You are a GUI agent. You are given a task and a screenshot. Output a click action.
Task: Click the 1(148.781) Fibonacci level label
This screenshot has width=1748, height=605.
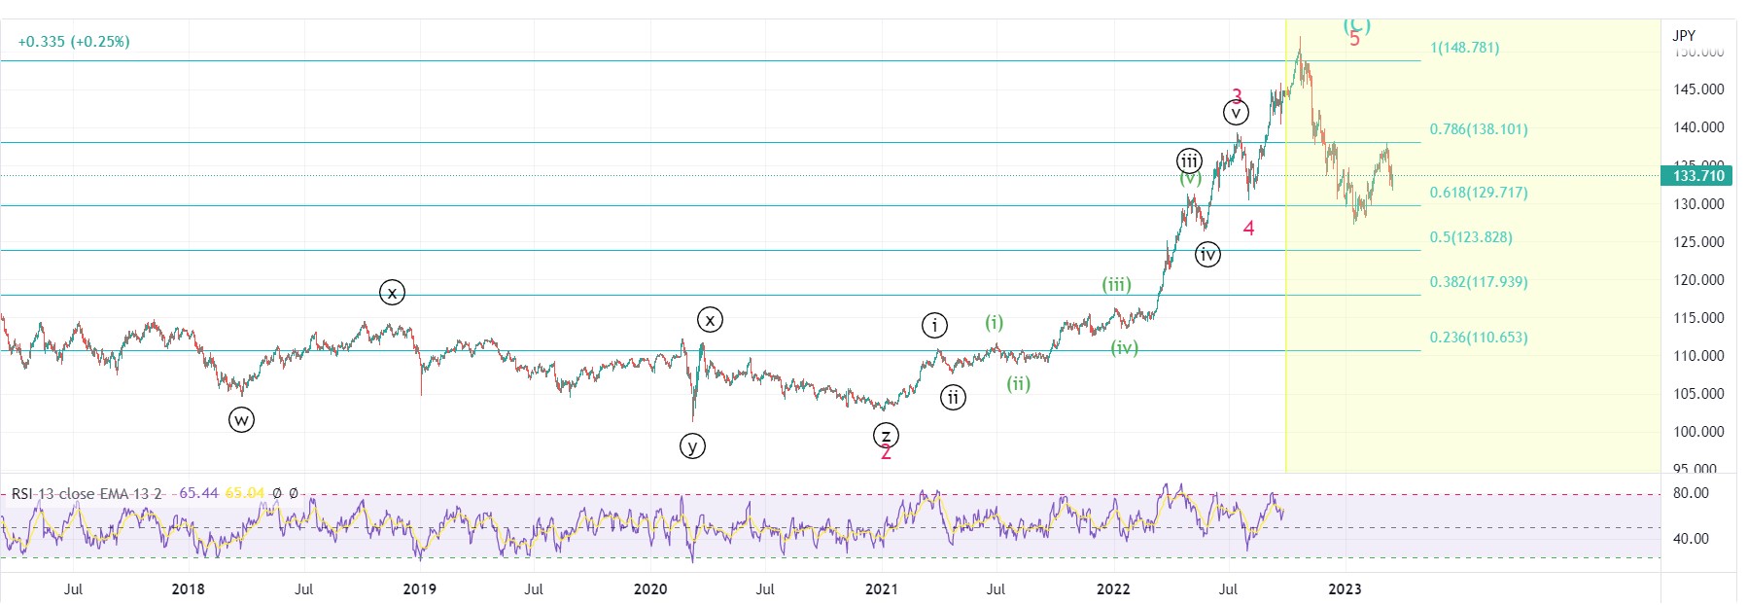(1464, 48)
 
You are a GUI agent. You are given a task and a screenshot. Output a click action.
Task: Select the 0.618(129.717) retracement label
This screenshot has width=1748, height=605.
(1478, 193)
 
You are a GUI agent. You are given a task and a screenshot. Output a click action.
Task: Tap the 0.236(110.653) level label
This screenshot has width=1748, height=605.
(1478, 338)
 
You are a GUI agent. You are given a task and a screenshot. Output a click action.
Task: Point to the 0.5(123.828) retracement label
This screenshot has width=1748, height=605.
(1470, 237)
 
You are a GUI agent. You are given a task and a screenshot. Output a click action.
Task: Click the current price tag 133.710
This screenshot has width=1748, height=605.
(1698, 176)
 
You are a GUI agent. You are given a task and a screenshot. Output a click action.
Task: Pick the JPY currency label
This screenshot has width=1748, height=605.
(1684, 36)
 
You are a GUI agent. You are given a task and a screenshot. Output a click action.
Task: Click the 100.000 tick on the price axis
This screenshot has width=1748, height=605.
(1698, 432)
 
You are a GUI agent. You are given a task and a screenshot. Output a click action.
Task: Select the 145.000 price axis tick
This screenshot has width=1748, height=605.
(1698, 89)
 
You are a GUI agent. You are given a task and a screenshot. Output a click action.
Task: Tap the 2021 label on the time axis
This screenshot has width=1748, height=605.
(882, 588)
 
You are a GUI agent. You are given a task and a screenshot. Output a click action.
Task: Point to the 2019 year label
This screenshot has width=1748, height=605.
(420, 588)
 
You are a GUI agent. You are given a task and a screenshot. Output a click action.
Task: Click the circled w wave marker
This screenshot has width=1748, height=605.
(241, 420)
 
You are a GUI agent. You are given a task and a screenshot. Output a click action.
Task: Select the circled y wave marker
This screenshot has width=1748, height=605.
(692, 446)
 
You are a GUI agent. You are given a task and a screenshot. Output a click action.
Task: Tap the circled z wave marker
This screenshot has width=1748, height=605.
(886, 435)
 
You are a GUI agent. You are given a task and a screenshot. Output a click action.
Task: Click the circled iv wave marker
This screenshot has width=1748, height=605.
(1207, 255)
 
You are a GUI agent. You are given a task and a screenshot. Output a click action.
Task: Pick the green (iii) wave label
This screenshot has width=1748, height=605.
(1116, 284)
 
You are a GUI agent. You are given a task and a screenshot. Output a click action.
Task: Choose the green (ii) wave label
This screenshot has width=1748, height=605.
(1018, 383)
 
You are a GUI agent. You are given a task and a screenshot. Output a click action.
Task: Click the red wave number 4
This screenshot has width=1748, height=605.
(1249, 229)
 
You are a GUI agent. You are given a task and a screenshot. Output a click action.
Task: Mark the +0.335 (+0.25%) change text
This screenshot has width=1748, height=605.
(74, 42)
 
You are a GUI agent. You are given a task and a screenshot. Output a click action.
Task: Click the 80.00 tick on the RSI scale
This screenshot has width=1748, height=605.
(1691, 493)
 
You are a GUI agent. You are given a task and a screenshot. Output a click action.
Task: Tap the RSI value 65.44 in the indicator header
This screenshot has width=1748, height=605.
(199, 493)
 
